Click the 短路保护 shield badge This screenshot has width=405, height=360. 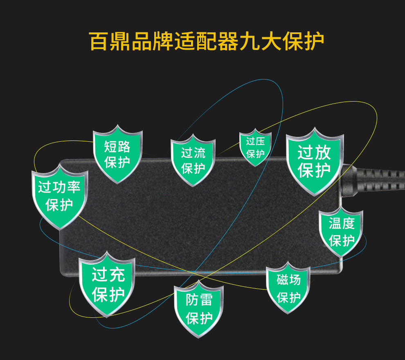point(117,154)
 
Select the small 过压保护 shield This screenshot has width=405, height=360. point(255,148)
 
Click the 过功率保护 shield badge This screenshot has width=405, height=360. point(60,196)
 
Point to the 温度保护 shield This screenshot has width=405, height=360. point(341,232)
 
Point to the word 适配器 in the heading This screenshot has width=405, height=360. point(205,41)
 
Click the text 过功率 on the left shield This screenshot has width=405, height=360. point(59,188)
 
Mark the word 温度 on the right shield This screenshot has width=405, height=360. point(341,223)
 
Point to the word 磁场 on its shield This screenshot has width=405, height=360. point(288,280)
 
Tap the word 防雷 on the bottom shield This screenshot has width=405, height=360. point(199,300)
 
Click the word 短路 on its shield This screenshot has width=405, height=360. point(117,146)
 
